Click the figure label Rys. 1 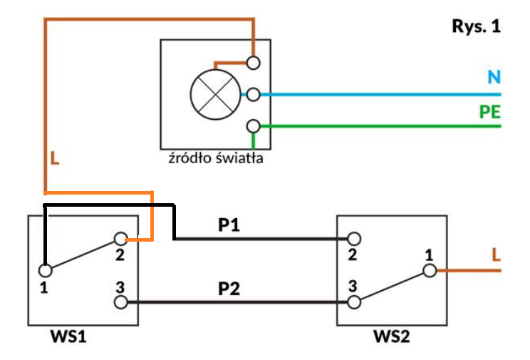pos(477,26)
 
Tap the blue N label pos(494,77)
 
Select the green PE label pos(490,112)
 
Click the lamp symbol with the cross pos(216,94)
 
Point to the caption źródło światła pos(216,158)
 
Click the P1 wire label pos(229,225)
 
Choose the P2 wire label pos(229,289)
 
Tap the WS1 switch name pos(68,336)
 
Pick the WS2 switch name pos(391,336)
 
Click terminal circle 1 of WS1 pos(46,270)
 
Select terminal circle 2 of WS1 pos(121,239)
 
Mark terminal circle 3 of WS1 pos(121,302)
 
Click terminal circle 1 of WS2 pos(430,270)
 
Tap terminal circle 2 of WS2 pos(354,239)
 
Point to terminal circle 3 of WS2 pos(354,302)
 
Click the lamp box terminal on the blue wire pos(253,94)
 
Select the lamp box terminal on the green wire pos(253,126)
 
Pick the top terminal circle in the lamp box pos(253,63)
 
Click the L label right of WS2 pos(496,254)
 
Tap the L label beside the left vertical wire pos(55,158)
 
